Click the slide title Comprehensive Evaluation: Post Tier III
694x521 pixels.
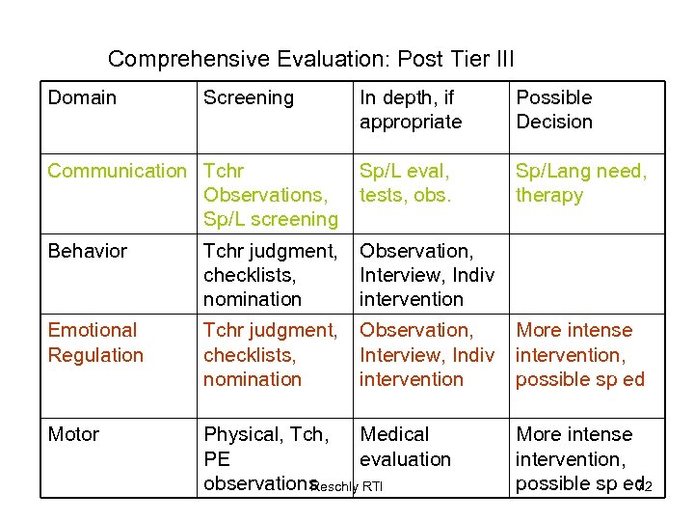(x=310, y=59)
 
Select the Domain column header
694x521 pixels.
(x=82, y=97)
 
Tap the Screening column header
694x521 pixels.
(x=248, y=97)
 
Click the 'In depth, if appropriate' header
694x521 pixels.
(x=411, y=110)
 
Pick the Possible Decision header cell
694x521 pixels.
(x=554, y=110)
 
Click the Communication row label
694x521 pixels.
(x=117, y=172)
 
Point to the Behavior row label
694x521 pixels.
(x=88, y=251)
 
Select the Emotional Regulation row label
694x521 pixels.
(x=94, y=343)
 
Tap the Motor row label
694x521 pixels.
(x=73, y=435)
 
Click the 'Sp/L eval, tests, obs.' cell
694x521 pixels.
(x=405, y=183)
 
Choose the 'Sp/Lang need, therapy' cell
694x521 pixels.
(x=580, y=183)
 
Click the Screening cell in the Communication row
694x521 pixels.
(x=271, y=195)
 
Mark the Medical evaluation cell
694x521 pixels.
(x=405, y=447)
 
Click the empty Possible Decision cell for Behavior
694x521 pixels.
(x=586, y=274)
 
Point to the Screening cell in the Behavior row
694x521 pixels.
(x=270, y=275)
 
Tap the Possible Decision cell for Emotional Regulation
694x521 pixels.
(x=579, y=354)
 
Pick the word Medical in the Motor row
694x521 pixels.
(x=394, y=435)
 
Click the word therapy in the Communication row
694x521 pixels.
(x=549, y=196)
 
